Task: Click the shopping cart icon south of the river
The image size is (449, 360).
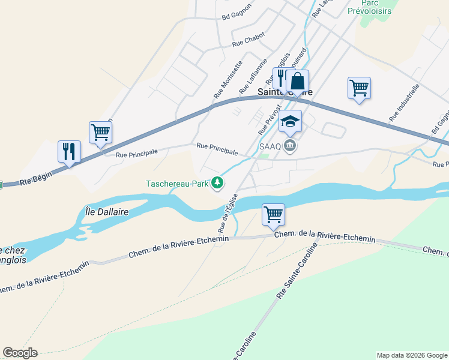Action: (x=273, y=214)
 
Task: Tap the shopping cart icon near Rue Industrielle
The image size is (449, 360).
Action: (x=359, y=88)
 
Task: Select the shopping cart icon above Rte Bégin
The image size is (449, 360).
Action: (x=100, y=132)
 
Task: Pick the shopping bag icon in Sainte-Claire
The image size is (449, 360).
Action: (x=297, y=80)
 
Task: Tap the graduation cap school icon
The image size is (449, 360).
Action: (x=290, y=121)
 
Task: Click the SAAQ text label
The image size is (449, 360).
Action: (x=270, y=146)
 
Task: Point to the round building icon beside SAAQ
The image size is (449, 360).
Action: (x=290, y=146)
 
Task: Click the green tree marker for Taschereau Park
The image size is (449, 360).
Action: (x=217, y=183)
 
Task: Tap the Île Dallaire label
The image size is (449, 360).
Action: (x=104, y=212)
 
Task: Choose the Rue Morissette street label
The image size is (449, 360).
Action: (x=228, y=80)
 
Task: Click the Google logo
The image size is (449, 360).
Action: (x=20, y=353)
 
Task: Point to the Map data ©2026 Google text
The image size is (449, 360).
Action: (x=411, y=355)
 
